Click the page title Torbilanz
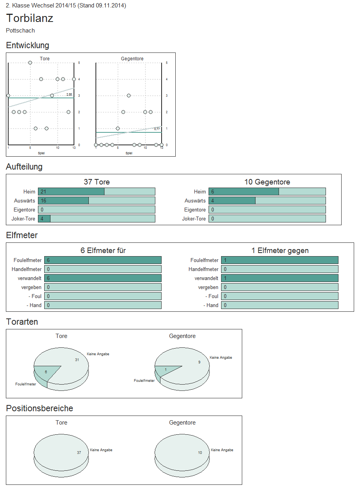30,18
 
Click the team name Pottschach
20,31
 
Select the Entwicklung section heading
27,45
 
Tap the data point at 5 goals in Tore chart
30,63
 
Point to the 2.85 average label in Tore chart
69,95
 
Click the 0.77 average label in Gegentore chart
157,129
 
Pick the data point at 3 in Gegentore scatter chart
129,96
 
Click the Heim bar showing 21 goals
71,192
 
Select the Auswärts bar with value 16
63,201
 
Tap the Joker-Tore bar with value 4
44,219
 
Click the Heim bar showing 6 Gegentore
243,192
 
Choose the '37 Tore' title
97,182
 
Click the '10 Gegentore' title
267,182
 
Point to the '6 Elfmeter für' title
103,251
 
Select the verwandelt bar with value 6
103,278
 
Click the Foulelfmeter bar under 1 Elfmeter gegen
279,260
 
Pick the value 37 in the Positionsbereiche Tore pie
79,452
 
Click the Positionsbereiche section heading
40,408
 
